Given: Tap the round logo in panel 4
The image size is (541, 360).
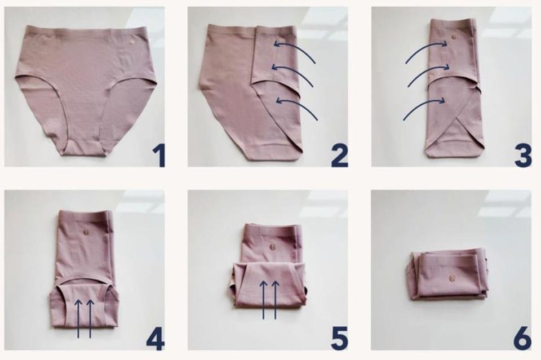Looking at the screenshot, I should (86, 232).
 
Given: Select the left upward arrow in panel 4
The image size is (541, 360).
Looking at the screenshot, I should (78, 318).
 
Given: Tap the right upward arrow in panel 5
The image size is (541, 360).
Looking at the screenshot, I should (276, 299).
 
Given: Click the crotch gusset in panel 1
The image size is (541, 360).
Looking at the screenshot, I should (83, 148).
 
